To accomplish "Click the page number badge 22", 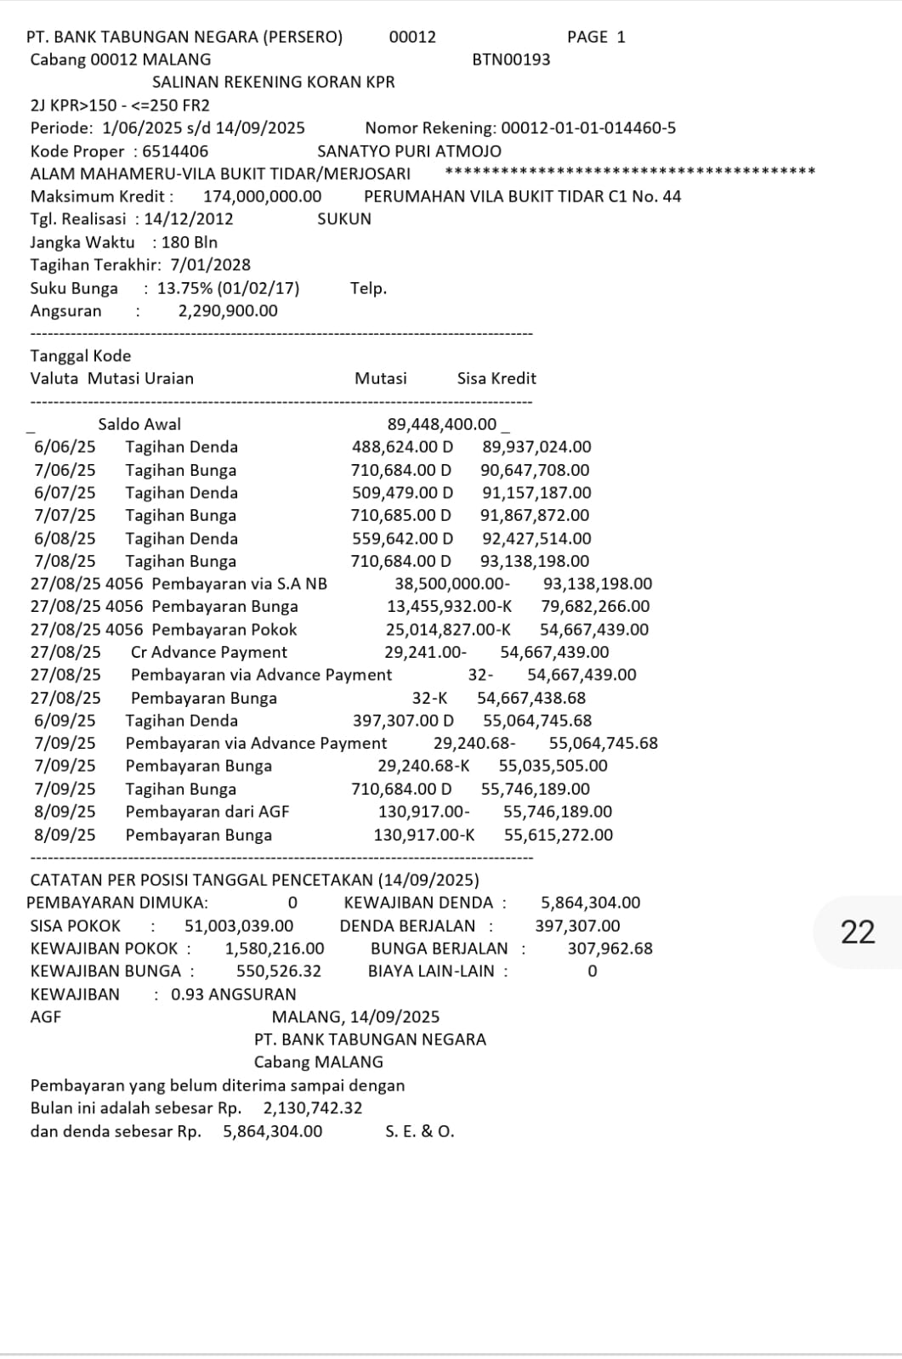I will [x=857, y=932].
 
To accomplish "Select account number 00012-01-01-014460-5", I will [x=588, y=128].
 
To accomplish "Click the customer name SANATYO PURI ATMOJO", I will [x=409, y=151].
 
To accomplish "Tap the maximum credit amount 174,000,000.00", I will [x=262, y=196].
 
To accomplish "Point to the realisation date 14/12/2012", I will [x=188, y=219].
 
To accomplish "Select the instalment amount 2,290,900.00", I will [x=227, y=311].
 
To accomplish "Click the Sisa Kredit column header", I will [x=496, y=379].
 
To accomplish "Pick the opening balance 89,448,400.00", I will [x=442, y=424].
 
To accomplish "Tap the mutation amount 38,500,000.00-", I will [x=452, y=584].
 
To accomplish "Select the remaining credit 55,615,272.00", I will [x=558, y=835].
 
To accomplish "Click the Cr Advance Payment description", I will [x=208, y=653].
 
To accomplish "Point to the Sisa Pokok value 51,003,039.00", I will [x=239, y=926].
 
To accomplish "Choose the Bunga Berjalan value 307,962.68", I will [x=610, y=948].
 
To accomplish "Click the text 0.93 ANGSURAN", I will [x=234, y=994].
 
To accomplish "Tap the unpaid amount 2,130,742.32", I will [x=313, y=1108].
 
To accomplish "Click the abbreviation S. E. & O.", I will [x=419, y=1131].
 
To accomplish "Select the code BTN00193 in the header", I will [x=511, y=59].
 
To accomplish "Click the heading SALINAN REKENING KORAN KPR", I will [x=273, y=82].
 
